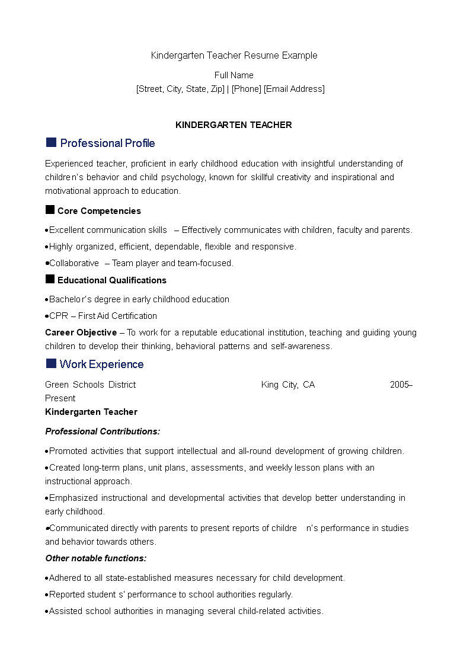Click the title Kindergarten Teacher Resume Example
coord(234,55)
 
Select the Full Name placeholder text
coord(234,75)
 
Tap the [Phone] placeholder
coord(246,89)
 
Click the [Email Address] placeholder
coord(294,89)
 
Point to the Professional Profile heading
coord(107,143)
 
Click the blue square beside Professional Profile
coord(51,142)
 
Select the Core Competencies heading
coord(99,211)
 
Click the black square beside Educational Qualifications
coord(50,279)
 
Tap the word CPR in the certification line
coord(59,316)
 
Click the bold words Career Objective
coord(81,332)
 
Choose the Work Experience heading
coord(101,364)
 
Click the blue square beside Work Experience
coord(51,363)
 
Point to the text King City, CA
coord(288,385)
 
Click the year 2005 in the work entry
coord(399,385)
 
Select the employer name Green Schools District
coord(90,385)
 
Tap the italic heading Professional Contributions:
coord(103,431)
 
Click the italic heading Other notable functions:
coord(95,558)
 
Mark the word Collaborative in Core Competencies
coord(74,263)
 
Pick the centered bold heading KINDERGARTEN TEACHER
coord(234,125)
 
